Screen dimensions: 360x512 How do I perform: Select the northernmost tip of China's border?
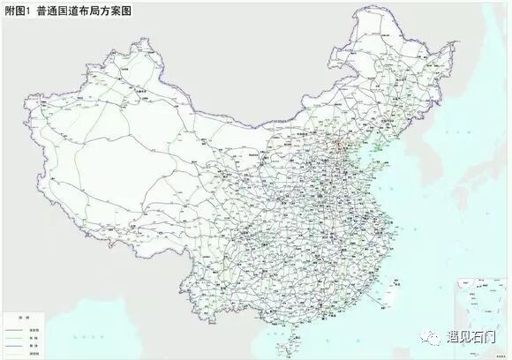coord(358,19)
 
